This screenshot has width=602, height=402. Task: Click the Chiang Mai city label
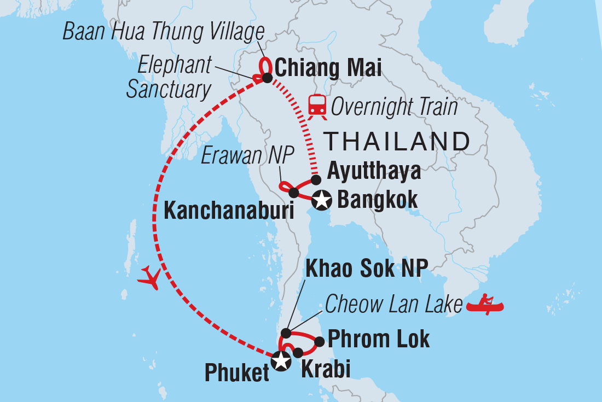327,69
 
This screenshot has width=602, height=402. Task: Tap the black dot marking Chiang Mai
267,78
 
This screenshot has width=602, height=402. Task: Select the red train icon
317,106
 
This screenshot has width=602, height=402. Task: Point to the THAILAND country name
397,141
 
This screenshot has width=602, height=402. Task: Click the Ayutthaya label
374,171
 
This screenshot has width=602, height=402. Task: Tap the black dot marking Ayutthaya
315,179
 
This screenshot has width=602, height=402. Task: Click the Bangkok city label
378,200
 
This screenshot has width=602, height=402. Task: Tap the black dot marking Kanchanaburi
293,193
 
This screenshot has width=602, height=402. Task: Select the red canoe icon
484,305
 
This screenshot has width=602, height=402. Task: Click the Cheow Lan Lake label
393,305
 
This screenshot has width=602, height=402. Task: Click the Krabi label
326,369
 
